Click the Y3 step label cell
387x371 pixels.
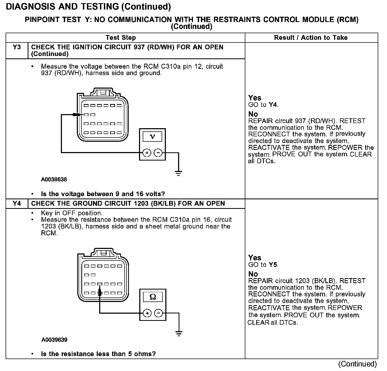point(16,48)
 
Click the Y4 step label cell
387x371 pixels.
point(16,204)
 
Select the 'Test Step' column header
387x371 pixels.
point(121,38)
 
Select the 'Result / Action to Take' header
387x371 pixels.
point(311,38)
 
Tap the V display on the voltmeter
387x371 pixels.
point(152,137)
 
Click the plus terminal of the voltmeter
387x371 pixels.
point(147,153)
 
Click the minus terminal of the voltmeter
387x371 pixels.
point(158,153)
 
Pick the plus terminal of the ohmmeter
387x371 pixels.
point(147,313)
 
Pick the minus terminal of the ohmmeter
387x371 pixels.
point(159,313)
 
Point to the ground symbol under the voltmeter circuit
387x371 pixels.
point(179,174)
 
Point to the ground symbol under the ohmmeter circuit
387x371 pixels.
point(179,334)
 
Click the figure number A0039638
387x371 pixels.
point(54,180)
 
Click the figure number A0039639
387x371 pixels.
point(54,340)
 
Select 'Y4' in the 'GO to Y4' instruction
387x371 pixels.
point(273,105)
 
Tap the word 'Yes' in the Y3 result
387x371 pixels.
point(255,98)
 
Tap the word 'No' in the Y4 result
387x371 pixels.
point(253,274)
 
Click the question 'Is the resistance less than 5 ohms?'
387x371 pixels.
point(98,354)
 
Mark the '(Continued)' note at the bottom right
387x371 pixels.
point(358,364)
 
